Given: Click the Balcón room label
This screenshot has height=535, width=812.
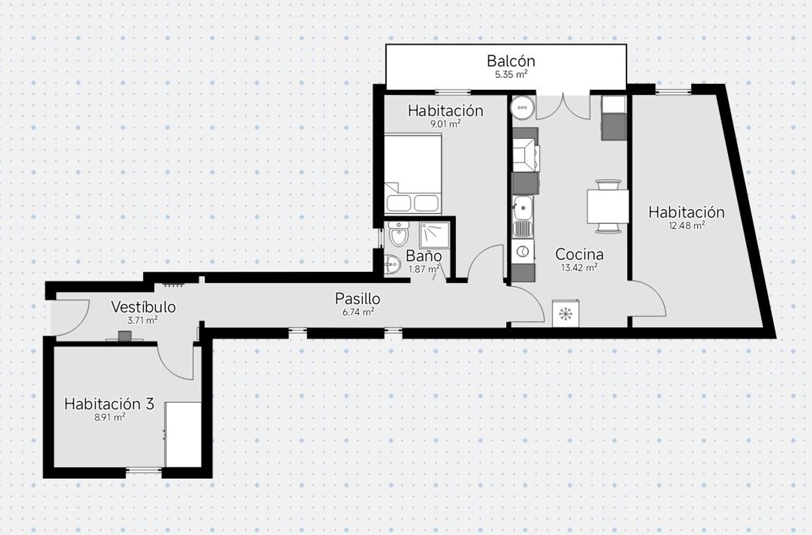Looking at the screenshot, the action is [x=511, y=61].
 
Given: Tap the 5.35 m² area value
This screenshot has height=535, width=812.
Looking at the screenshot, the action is [x=511, y=75].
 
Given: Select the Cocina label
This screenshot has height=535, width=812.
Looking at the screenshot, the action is [x=579, y=255].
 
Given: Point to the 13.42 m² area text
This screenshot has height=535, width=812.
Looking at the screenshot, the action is [x=579, y=267].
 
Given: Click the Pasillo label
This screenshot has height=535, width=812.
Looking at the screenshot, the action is [x=357, y=299].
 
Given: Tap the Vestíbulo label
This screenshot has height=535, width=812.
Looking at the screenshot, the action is [x=143, y=307].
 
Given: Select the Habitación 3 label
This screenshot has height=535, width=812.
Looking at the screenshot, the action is [x=109, y=404].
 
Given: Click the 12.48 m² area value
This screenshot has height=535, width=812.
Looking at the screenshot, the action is [x=686, y=226].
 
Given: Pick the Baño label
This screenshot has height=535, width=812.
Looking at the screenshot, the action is [x=423, y=256].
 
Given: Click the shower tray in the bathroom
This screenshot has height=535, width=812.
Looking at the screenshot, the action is [x=434, y=235].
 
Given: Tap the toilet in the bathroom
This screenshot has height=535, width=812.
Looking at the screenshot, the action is [x=399, y=233].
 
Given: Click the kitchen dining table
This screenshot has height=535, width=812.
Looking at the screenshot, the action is [x=608, y=207].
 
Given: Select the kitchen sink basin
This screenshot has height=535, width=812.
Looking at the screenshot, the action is [x=523, y=208].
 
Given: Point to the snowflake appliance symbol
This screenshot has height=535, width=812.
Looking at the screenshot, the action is [x=566, y=314].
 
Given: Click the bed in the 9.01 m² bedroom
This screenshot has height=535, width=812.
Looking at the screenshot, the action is [x=413, y=173].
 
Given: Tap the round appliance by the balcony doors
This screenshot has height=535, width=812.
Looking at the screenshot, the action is [x=522, y=107].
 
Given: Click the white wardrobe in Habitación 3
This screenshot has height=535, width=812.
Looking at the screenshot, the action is [x=183, y=434].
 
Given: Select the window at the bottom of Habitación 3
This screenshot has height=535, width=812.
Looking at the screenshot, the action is [x=143, y=470].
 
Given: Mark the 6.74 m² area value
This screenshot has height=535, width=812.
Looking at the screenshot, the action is [x=358, y=312].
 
